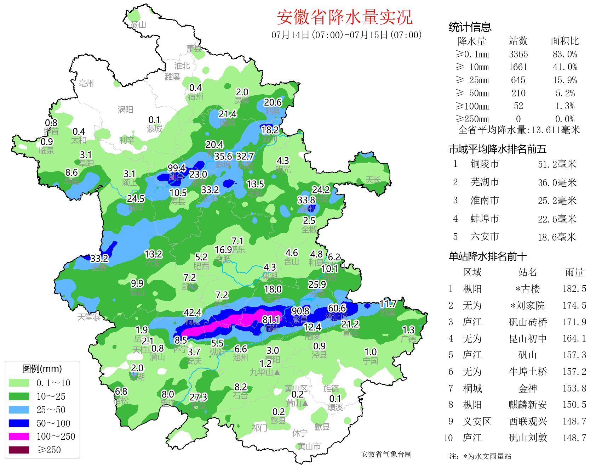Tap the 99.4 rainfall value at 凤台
pos(177,168)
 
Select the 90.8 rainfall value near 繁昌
pos(300,311)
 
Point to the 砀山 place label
pos(138,25)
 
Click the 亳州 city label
pos(86,83)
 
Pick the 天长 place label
pos(373,180)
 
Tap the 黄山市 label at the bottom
pos(309,446)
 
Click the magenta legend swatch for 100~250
pos(19,437)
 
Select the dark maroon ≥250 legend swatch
pos(19,450)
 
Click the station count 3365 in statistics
pos(518,54)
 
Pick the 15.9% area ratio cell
pos(564,80)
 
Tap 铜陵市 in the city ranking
pos(485,164)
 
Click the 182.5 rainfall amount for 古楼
pos(574,289)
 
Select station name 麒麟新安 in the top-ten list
pos(527,405)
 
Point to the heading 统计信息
pos(470,27)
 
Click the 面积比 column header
pos(564,41)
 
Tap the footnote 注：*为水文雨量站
pos(480,456)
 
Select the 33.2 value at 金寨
pos(99,258)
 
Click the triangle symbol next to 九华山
pos(277,372)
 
